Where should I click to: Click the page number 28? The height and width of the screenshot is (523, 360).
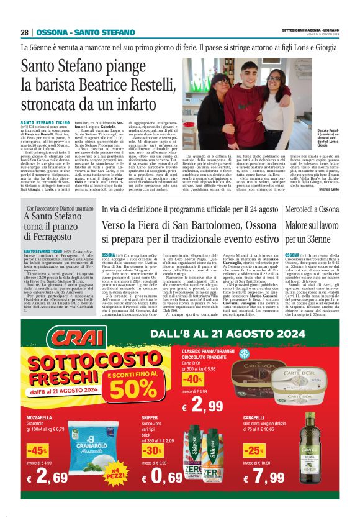(x=25, y=32)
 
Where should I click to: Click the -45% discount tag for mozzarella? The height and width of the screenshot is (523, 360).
(x=37, y=450)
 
